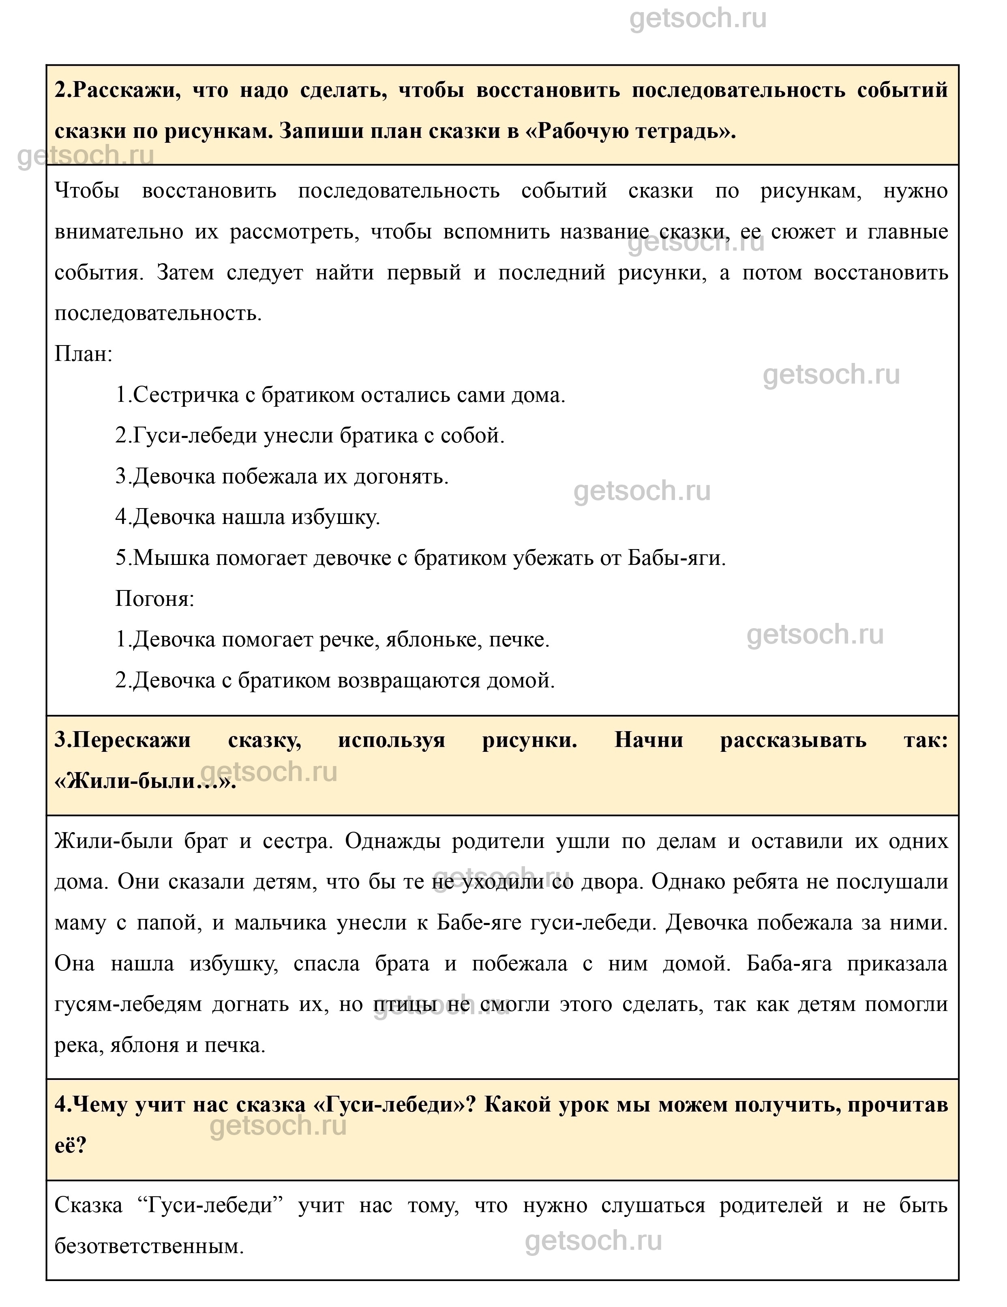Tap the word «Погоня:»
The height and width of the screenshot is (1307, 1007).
pos(154,599)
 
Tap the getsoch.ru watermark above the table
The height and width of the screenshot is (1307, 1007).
pos(698,19)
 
